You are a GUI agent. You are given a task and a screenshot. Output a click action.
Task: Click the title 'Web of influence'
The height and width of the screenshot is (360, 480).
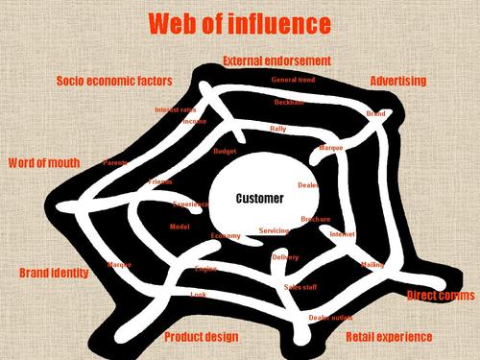coord(239,23)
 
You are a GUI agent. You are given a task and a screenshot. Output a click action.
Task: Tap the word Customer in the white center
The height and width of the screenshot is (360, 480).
coord(259,199)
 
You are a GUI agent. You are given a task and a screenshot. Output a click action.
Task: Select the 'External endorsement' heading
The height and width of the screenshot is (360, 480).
coord(276,61)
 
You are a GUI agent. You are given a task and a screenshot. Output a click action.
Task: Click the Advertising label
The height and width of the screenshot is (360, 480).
coord(398,81)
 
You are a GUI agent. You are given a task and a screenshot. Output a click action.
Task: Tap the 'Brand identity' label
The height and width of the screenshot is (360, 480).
coord(54,273)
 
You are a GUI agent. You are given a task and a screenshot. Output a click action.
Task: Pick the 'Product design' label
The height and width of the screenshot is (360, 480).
coord(202,337)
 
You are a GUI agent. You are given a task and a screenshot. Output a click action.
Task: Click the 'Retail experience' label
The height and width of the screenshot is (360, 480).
coord(389,337)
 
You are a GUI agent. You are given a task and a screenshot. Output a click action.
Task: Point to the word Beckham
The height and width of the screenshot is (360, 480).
coord(289,101)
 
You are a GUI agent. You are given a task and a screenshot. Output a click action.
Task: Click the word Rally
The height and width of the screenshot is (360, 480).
coord(278,128)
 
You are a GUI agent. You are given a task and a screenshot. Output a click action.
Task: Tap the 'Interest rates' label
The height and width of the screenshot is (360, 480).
coord(176,109)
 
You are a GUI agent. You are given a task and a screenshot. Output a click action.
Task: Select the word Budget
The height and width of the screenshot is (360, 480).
coord(226,151)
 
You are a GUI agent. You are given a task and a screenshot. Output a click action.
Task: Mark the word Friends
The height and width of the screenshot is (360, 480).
coord(160,181)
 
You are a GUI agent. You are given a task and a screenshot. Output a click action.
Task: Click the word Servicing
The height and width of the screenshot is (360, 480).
coord(275,230)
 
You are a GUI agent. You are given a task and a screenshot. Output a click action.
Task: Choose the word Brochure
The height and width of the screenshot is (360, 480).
coord(315,219)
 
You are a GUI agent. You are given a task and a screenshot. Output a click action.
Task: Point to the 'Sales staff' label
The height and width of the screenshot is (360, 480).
coord(300,287)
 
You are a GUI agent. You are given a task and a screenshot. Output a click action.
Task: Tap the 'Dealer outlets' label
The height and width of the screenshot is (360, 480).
coord(330,317)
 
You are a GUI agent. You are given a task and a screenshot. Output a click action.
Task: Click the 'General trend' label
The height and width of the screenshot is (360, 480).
coord(294,79)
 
